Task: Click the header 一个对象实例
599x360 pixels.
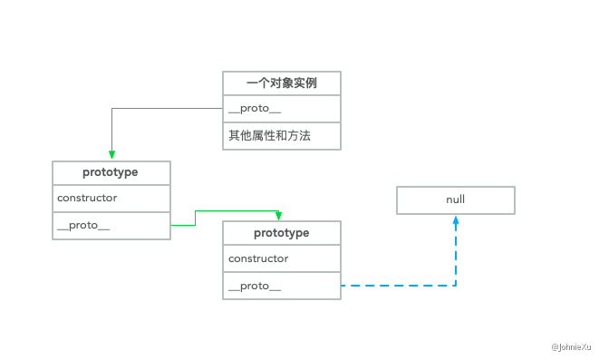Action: click(x=282, y=83)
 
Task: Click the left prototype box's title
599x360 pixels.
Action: click(x=111, y=172)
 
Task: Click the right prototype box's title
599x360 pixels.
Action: click(x=282, y=233)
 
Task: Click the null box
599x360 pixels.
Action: click(x=455, y=199)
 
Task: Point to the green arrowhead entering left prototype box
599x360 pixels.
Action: click(x=111, y=155)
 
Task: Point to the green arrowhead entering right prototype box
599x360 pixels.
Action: click(x=278, y=216)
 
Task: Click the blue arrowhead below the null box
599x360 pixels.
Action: click(x=455, y=219)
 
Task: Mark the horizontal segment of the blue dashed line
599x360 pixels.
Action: click(x=399, y=286)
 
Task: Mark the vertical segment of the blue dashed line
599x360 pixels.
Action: click(x=455, y=254)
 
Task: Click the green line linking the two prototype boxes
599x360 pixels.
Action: click(x=236, y=210)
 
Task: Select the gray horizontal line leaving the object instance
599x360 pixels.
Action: click(x=168, y=109)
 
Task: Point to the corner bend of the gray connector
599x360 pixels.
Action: click(x=111, y=109)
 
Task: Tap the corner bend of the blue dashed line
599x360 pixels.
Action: click(x=455, y=286)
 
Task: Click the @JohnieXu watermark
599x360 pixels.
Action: click(x=570, y=346)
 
